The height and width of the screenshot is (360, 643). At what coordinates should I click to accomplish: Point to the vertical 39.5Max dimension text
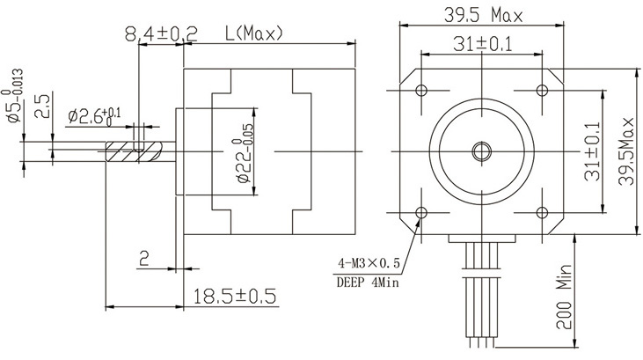click(x=625, y=151)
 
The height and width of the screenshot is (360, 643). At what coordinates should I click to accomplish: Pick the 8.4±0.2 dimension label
click(x=161, y=34)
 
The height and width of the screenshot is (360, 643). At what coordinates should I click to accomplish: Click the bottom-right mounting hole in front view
click(x=540, y=212)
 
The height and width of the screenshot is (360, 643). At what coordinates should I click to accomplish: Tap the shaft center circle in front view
click(x=480, y=151)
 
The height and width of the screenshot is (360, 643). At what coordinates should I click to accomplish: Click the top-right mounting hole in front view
click(x=540, y=90)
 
